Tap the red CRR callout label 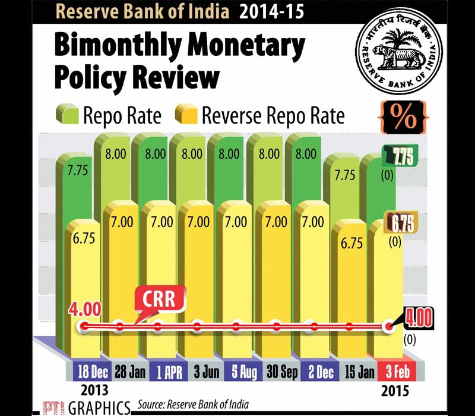pyautogui.click(x=159, y=298)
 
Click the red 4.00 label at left pyautogui.click(x=84, y=310)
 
